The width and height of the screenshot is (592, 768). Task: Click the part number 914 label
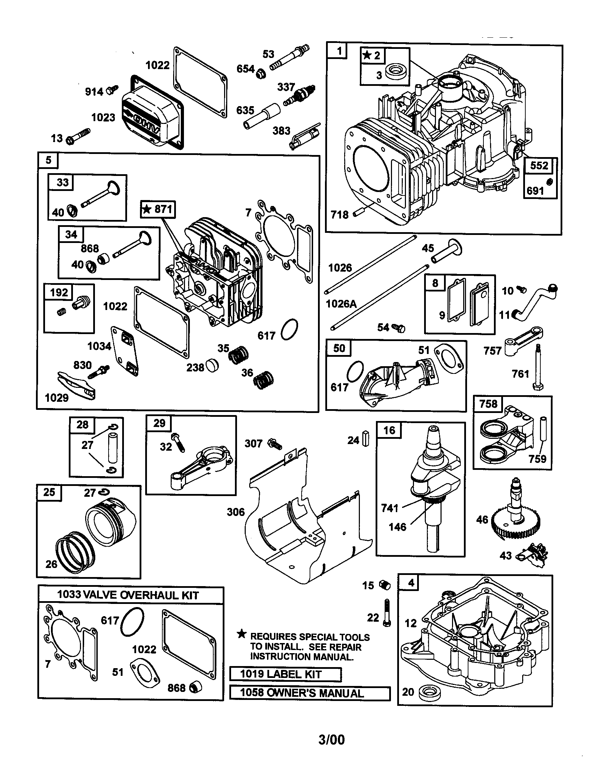point(94,92)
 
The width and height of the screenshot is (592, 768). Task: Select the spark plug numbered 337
point(300,94)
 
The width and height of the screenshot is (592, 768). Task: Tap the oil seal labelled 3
point(398,72)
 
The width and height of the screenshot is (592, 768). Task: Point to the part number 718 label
point(340,214)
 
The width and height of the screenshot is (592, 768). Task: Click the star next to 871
point(146,209)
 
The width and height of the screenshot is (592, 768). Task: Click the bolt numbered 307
point(274,444)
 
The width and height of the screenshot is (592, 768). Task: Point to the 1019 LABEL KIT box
point(285,674)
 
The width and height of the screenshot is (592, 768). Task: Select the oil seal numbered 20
point(428,692)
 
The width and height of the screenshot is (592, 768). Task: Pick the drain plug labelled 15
point(385,585)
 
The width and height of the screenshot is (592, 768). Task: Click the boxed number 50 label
point(339,348)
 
